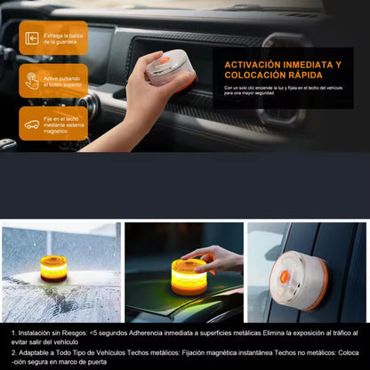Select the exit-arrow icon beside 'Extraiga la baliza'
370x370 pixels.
[32, 38]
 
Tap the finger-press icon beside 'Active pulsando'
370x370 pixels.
[32, 81]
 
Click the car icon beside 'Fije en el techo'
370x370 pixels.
[32, 124]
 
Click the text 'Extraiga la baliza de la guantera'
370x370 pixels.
[64, 38]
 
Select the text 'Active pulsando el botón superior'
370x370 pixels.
[64, 81]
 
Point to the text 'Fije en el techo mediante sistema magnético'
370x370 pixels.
[64, 124]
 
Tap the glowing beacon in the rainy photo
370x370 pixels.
[53, 268]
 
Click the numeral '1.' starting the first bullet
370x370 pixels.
[13, 333]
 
